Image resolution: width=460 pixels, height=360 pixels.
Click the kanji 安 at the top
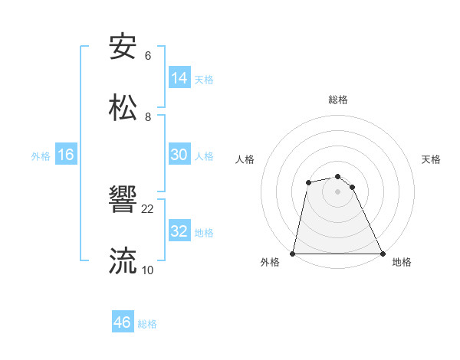tap(123, 47)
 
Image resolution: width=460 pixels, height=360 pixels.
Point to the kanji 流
tap(123, 260)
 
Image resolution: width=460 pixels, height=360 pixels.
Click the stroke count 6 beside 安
tap(148, 56)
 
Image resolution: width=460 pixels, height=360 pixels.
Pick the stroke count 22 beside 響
tap(148, 208)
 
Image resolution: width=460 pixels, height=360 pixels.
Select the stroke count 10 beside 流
tap(148, 270)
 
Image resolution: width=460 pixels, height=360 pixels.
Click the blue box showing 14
tap(179, 78)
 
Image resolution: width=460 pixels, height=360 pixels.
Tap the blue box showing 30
tap(179, 155)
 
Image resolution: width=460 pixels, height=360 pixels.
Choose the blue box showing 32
tap(179, 231)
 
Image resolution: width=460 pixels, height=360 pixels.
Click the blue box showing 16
tap(66, 155)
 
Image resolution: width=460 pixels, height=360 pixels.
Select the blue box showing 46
tap(122, 322)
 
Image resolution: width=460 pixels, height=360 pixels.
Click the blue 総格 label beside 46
tap(147, 324)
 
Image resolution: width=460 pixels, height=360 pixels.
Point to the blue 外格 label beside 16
tap(41, 156)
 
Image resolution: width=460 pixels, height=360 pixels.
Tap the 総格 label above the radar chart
tap(338, 100)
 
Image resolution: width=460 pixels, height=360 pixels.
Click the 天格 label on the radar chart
tap(432, 159)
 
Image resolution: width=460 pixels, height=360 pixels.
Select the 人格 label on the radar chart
tap(245, 159)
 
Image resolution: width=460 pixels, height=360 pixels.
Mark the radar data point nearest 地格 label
tap(382, 254)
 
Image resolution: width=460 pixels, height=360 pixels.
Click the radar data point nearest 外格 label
tap(293, 254)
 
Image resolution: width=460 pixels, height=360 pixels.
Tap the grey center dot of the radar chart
tap(338, 191)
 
